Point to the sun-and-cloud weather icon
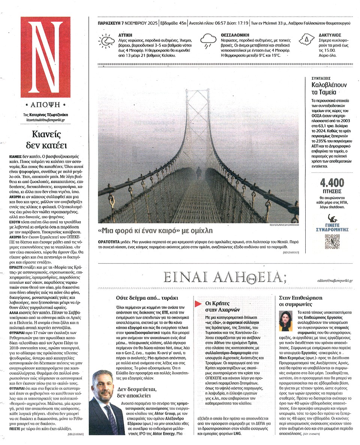(106, 41)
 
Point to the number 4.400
(332, 183)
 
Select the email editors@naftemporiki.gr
(334, 280)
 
